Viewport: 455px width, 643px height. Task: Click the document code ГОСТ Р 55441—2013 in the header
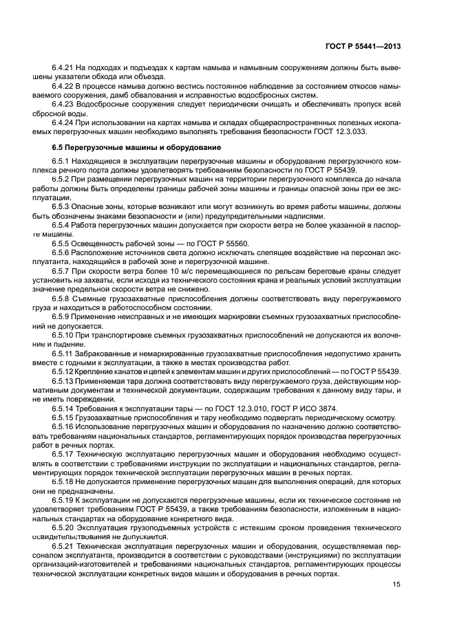point(363,46)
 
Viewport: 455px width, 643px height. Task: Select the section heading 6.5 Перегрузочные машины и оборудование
point(136,147)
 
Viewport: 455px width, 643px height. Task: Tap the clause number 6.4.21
point(63,67)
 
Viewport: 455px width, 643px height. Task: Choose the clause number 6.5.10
point(63,334)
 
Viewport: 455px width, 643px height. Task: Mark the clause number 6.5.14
point(63,408)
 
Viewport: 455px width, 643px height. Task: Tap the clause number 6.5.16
point(63,426)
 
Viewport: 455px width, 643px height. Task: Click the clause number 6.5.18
point(63,481)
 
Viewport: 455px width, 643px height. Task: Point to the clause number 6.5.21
point(63,545)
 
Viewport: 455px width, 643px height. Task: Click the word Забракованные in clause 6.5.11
point(105,352)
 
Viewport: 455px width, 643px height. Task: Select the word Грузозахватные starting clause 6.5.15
point(107,417)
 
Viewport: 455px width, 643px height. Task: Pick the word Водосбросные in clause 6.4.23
point(104,103)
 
